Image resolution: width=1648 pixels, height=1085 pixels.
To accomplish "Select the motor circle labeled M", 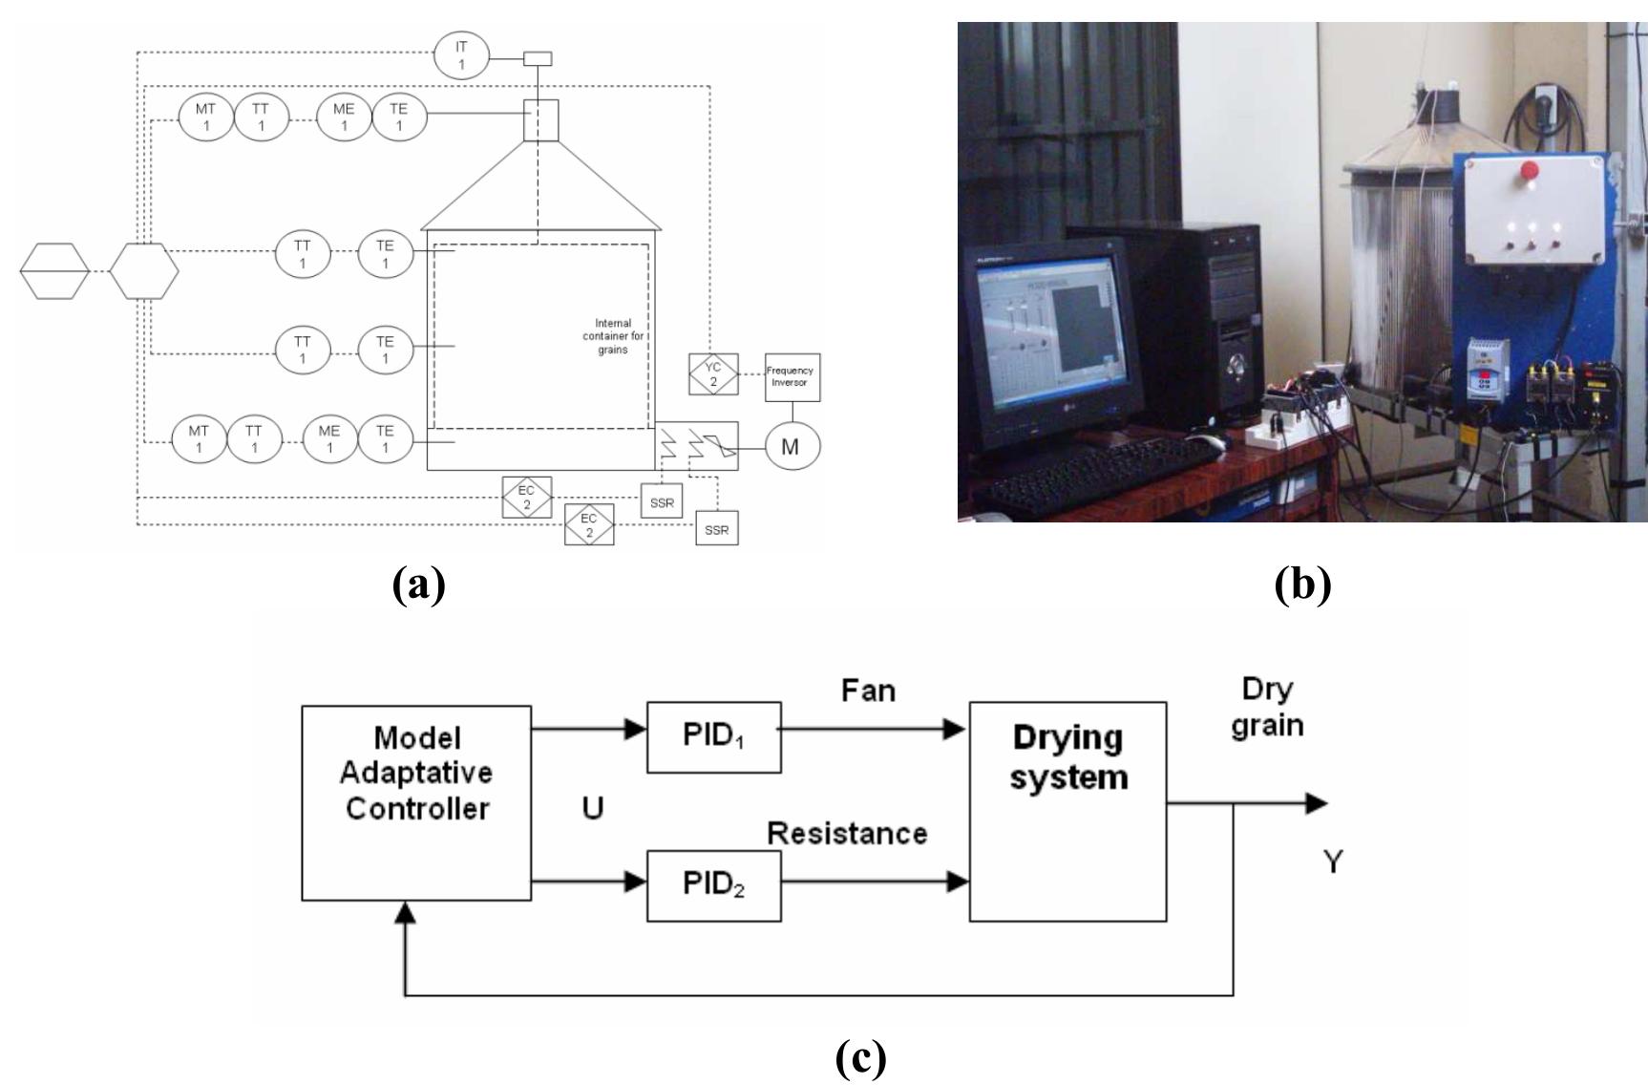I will pyautogui.click(x=792, y=446).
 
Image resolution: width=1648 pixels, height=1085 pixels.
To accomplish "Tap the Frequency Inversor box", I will pyautogui.click(x=792, y=377).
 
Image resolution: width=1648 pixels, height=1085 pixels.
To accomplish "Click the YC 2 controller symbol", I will pyautogui.click(x=713, y=374).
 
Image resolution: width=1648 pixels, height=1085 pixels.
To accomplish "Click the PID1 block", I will pyautogui.click(x=713, y=737).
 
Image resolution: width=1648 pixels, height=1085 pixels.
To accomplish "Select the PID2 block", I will pyautogui.click(x=713, y=885).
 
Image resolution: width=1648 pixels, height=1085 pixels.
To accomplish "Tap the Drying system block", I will pyautogui.click(x=1067, y=811).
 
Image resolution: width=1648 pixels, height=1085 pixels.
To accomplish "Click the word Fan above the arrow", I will pyautogui.click(x=868, y=691).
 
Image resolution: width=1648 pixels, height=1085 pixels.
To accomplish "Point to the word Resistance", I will pyautogui.click(x=847, y=833).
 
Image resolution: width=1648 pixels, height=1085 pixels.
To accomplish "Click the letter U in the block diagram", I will pyautogui.click(x=592, y=809).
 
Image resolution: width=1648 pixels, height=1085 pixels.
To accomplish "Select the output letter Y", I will pyautogui.click(x=1333, y=862).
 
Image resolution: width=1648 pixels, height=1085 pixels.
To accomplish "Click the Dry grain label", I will pyautogui.click(x=1267, y=707).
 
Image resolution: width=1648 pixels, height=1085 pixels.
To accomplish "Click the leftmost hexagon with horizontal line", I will pyautogui.click(x=55, y=270).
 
